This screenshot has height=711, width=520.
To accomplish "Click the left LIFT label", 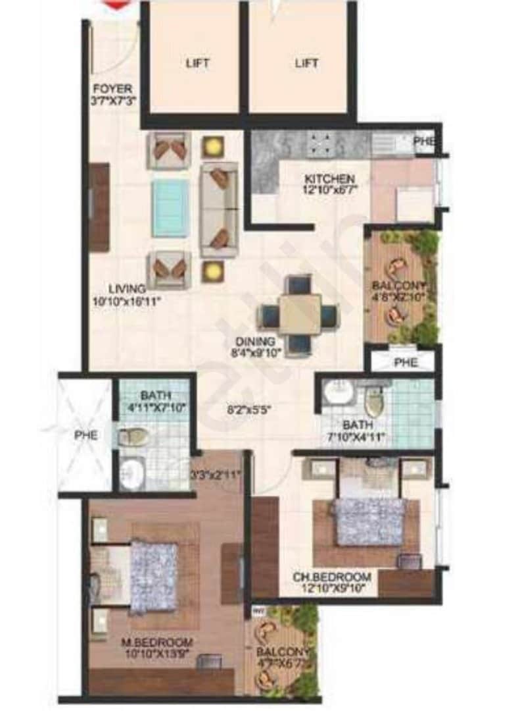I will pos(197,63).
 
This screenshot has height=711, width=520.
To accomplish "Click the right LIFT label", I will pos(306,63).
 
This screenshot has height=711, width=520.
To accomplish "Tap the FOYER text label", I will pos(112,88).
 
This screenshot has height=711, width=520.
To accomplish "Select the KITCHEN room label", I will pos(329,179).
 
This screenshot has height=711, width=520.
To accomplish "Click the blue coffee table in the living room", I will pos(170,208).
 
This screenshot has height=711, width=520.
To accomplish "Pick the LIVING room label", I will pos(127,288).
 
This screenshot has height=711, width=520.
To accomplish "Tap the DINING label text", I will pos(256,342).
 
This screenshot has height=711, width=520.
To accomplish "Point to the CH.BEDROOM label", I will pos(332,577).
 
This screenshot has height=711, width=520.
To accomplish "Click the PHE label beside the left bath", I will pos(85,435).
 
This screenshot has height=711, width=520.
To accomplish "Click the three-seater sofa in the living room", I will pos(220,209).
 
